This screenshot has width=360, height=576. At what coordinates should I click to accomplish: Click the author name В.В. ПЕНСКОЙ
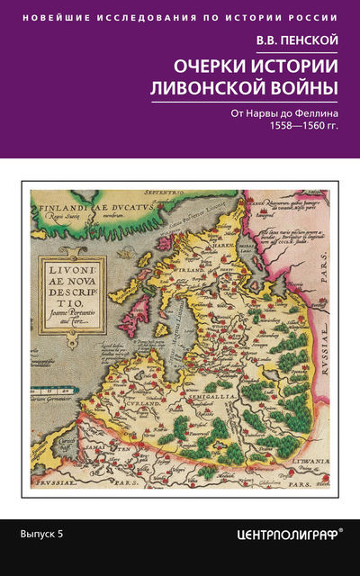pos(305,39)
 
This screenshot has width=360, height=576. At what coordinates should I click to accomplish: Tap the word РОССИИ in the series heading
pos(316,17)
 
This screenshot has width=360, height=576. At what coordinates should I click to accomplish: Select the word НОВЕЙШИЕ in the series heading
pos(55,17)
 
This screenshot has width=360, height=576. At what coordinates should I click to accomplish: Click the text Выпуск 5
pos(42,534)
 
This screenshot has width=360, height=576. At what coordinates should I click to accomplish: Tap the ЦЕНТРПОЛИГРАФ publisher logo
pos(283,534)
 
